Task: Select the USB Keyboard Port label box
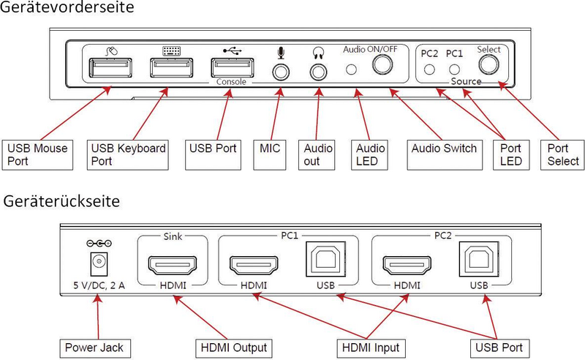128,154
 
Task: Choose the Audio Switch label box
444,149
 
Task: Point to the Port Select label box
562,154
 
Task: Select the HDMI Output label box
228,346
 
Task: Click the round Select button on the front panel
488,67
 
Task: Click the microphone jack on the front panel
281,72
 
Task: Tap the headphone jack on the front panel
318,72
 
